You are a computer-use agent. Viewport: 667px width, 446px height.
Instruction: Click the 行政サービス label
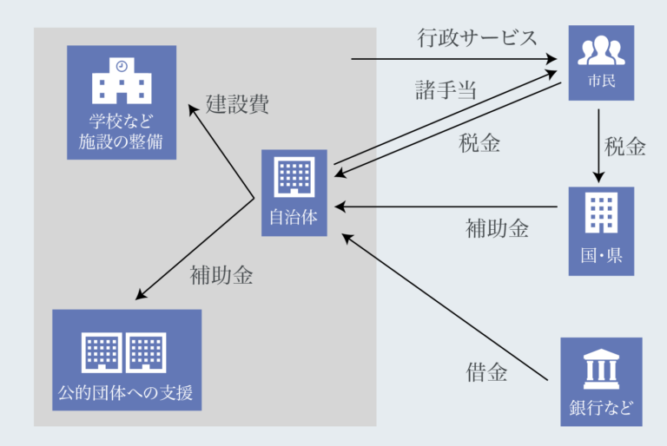click(x=476, y=38)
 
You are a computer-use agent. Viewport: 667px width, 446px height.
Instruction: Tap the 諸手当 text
click(x=446, y=89)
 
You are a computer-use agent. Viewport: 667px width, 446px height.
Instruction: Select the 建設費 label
click(x=237, y=104)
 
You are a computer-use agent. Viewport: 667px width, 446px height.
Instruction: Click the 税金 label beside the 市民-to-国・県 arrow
click(x=625, y=146)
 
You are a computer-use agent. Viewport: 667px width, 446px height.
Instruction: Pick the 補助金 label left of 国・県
click(x=497, y=229)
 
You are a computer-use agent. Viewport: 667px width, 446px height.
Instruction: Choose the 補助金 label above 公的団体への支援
click(x=221, y=276)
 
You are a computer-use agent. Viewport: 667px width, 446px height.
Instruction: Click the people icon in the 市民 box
click(x=600, y=52)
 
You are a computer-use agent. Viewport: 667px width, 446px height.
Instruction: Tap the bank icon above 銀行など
click(x=600, y=371)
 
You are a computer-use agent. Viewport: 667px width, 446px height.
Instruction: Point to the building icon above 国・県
click(x=600, y=213)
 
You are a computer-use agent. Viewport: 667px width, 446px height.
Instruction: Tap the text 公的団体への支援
click(x=126, y=395)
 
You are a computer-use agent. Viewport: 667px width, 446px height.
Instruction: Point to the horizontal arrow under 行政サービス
click(x=452, y=60)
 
